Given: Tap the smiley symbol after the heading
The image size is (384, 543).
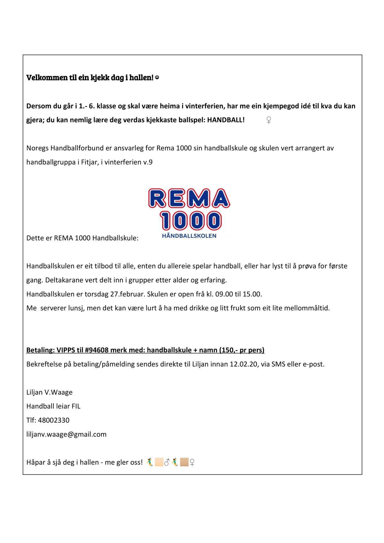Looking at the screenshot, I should coord(157,78).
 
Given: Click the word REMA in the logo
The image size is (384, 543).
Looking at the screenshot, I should coord(189,198).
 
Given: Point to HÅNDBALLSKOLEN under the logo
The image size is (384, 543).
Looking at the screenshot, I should coord(189,236).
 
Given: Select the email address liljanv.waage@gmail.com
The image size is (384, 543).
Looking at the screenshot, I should coord(66,434).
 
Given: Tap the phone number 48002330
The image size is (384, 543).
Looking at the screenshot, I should coord(54,420).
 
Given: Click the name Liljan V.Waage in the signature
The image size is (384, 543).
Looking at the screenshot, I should coord(49,392).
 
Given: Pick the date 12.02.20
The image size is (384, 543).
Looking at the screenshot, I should coord(241,364).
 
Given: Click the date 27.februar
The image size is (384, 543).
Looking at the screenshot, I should coord(128,294).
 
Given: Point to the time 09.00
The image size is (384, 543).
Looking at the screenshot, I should coord(224,294).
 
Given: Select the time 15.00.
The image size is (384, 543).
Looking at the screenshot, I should coord(252,294).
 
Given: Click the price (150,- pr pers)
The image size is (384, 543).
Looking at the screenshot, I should coord(242,350).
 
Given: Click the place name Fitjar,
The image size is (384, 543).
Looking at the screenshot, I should coord(90,162).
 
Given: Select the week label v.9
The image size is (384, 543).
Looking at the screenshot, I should coord(148,162).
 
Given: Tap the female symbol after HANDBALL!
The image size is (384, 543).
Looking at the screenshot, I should coord(268,121).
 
